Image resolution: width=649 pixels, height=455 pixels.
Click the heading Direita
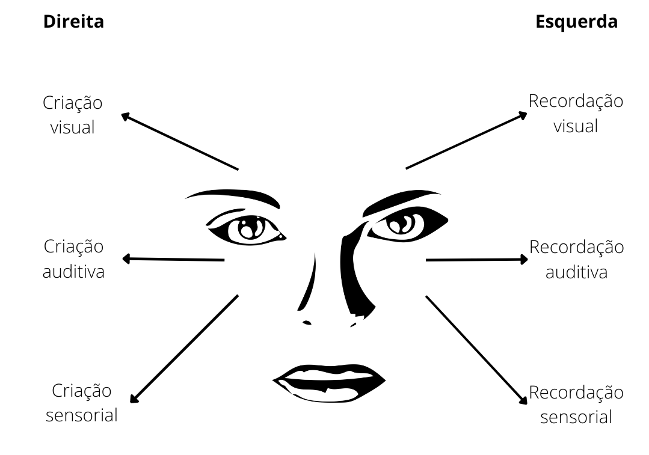coord(73,22)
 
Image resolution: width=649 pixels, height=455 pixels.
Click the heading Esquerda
coord(576,22)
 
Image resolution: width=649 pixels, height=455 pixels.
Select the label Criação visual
coord(72,115)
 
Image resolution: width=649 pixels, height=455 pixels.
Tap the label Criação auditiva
coord(73,259)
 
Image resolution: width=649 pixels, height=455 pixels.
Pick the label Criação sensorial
coord(82,403)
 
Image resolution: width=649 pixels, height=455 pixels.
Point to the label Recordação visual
coord(576,114)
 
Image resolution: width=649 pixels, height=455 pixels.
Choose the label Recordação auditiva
coord(576,260)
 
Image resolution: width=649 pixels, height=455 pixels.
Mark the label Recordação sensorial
coord(576,405)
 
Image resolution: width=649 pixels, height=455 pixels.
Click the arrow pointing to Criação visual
coord(180,141)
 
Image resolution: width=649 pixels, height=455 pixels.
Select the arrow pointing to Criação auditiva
coord(173,259)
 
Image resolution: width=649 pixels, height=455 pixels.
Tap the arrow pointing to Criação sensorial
coord(184,349)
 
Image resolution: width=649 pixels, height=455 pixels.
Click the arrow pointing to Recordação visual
coord(467,140)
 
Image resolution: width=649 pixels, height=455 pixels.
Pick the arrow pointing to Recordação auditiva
coord(477,260)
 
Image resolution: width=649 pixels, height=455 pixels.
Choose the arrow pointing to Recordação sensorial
coord(477,350)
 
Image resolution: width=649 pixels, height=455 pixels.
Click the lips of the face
coord(329,383)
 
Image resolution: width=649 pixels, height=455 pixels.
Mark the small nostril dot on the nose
coord(307,323)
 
